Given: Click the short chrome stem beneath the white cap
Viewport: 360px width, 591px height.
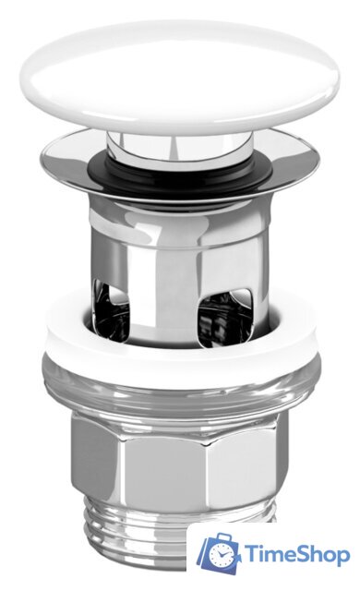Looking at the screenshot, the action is point(180,146).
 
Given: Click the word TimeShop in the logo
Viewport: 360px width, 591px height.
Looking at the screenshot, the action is point(297,555).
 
